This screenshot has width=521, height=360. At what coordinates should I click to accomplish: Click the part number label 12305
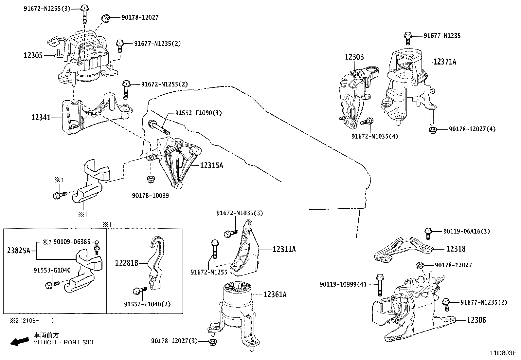coord(33,55)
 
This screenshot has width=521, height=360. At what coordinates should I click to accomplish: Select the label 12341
coord(41,117)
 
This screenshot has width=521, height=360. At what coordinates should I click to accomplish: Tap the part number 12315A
coord(211,165)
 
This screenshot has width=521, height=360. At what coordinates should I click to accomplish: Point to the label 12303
coord(354,57)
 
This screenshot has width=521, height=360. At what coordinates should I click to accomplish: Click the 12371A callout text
coord(445,62)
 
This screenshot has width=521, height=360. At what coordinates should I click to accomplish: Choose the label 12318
coord(456,249)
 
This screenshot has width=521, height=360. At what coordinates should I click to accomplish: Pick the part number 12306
coord(476,320)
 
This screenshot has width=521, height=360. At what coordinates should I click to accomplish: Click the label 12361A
coord(275,294)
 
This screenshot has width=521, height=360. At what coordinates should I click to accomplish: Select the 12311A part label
coord(284,249)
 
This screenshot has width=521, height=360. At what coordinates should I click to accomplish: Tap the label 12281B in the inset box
coord(127,263)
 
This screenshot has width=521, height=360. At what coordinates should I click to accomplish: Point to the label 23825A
coord(19,251)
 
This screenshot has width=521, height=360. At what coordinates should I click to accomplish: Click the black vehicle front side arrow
coord(20,341)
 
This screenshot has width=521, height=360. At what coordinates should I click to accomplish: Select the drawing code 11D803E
coord(503,353)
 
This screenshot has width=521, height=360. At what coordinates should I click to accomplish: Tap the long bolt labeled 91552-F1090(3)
coord(159,127)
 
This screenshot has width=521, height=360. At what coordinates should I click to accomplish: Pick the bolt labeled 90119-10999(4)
coord(380,285)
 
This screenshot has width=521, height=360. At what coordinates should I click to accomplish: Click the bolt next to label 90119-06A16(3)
coord(428,234)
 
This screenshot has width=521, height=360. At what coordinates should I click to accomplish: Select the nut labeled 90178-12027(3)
coord(212,342)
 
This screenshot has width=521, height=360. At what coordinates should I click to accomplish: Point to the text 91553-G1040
coord(52,270)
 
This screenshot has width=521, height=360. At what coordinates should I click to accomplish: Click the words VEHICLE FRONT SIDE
coord(64,342)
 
